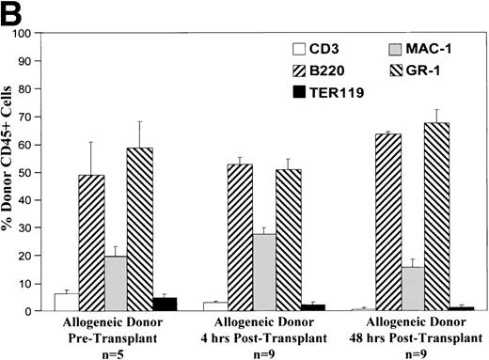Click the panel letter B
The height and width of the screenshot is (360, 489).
[x=12, y=11]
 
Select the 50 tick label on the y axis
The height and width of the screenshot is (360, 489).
[x=37, y=172]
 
